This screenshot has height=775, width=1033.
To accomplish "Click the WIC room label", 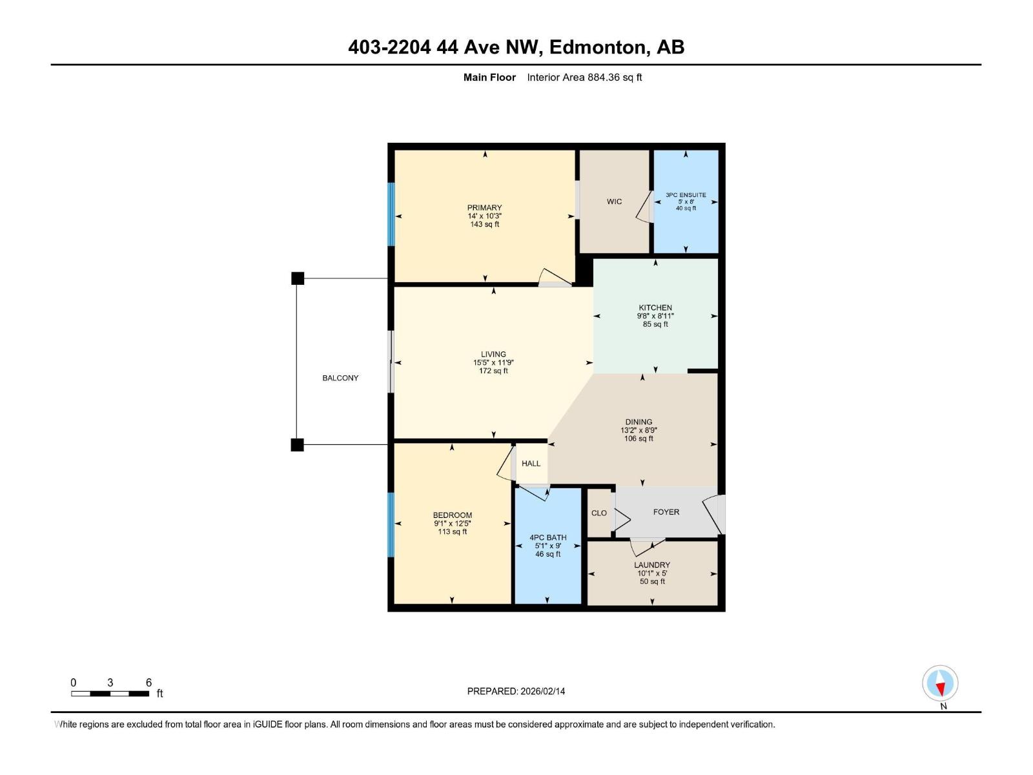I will click(614, 201).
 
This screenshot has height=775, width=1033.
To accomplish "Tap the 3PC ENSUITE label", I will click(686, 194).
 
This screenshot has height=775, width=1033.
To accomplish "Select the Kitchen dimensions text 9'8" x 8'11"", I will click(655, 316).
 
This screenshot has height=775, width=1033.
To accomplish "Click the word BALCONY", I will click(340, 378).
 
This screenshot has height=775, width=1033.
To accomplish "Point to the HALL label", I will click(531, 463).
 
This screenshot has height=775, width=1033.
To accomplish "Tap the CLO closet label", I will click(598, 513).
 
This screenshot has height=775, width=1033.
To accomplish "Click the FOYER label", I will click(666, 512).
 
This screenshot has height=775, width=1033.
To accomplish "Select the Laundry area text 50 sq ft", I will click(652, 581).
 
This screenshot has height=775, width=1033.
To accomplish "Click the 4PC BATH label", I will click(547, 537).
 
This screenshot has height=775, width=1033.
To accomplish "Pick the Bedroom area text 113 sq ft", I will click(452, 532).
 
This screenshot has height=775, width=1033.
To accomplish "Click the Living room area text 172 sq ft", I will click(493, 371).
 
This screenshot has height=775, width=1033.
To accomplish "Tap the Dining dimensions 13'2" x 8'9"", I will click(639, 430).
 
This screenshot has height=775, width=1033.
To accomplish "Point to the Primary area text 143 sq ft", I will click(484, 224).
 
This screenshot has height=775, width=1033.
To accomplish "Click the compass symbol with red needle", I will click(940, 683).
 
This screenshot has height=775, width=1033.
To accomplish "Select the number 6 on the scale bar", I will click(148, 683).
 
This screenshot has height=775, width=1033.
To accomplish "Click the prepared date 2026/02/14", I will click(542, 691).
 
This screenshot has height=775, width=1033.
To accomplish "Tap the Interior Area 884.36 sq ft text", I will click(584, 77).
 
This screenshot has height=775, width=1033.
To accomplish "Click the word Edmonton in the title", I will click(598, 47).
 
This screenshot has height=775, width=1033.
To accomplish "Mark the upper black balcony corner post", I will click(298, 278).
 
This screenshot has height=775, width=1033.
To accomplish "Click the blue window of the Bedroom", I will click(391, 524).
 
